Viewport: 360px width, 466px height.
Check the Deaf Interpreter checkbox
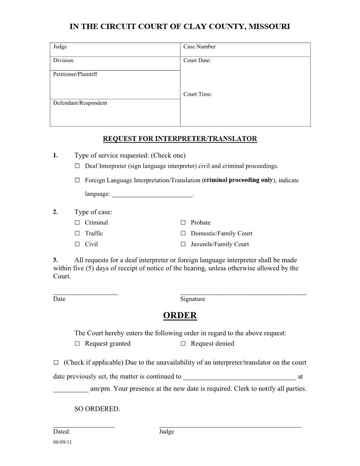77,166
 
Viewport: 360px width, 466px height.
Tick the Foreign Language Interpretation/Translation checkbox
77,180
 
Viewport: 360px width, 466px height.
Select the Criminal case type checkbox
77,222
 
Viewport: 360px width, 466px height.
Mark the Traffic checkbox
77,233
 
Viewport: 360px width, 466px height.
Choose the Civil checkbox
77,244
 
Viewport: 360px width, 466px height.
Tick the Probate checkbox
183,222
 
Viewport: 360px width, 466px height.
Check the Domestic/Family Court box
183,233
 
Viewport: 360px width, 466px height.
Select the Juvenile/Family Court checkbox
183,244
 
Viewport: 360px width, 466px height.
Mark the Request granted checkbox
77,343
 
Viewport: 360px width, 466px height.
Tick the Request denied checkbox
183,343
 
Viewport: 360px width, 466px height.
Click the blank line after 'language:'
152,195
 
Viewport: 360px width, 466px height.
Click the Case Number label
199,46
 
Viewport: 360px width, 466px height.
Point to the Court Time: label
198,94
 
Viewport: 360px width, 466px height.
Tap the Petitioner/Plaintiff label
75,74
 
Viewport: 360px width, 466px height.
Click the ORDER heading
180,316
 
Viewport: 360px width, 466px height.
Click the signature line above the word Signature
243,293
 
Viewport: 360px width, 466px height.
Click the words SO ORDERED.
97,409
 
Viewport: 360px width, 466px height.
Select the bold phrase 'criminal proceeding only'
238,180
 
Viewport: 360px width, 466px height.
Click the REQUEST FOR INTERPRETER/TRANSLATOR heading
180,139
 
